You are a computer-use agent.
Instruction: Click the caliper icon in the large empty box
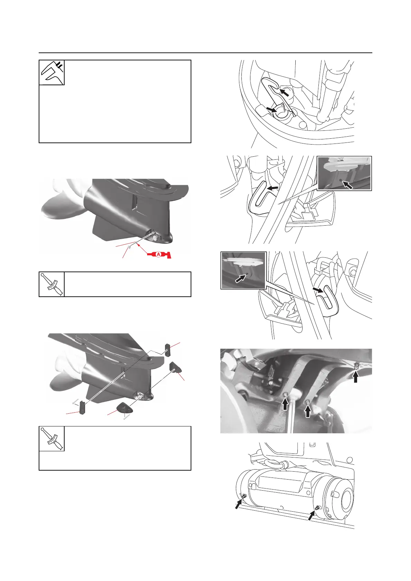[52, 72]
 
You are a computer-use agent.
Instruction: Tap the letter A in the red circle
[159, 255]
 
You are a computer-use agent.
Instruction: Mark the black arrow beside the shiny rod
[285, 404]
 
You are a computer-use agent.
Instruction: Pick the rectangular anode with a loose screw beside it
[82, 407]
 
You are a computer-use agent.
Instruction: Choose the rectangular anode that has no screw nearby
[168, 350]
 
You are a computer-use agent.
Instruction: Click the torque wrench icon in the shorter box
[52, 284]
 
